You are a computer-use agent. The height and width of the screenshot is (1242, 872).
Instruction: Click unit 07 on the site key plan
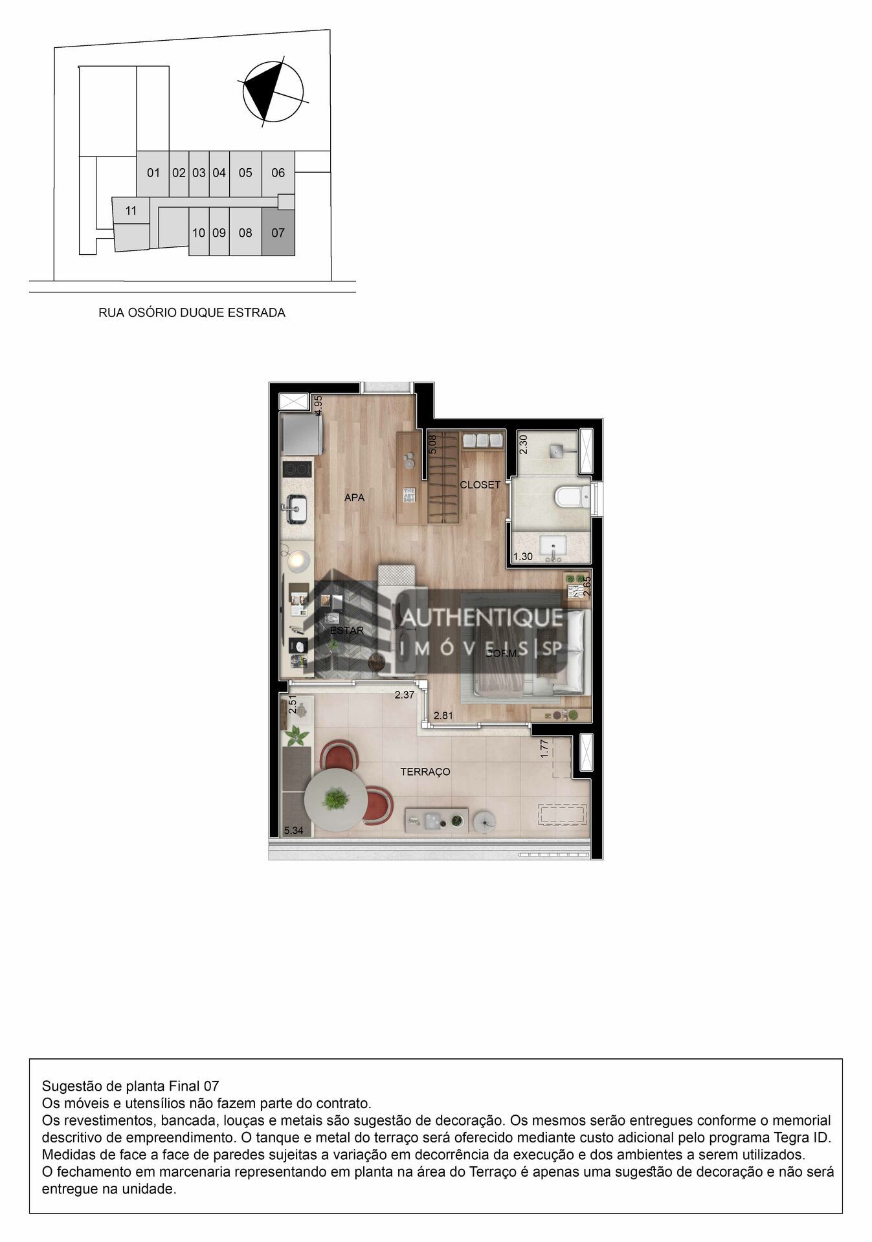point(278,233)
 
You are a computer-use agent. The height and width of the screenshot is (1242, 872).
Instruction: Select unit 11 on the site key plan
point(131,211)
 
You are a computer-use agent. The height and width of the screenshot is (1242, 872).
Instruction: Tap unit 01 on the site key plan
point(153,173)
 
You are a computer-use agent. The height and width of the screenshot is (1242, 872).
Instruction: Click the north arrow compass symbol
point(272,92)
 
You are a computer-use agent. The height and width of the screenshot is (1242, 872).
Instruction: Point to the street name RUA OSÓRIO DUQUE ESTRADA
point(192,313)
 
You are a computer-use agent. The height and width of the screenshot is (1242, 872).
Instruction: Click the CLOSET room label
point(480,485)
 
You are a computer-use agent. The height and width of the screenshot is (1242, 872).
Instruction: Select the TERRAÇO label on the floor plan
point(425,772)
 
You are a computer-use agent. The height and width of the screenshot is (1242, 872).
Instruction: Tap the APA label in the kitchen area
point(354,497)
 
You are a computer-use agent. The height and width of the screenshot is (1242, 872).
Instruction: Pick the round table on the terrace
point(335,800)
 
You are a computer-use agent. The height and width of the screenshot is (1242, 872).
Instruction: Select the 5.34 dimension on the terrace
point(293,831)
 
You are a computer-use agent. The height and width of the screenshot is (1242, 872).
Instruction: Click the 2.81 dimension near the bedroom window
point(443,715)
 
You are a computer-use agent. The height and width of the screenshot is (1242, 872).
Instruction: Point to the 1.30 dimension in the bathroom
point(522,556)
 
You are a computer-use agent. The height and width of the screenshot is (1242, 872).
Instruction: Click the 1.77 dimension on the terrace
point(544,748)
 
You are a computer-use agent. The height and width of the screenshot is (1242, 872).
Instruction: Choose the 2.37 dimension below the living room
point(405,695)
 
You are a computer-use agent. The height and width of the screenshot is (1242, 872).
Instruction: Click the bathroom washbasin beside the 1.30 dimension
point(553,547)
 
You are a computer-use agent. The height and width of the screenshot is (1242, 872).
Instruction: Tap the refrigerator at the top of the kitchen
point(302,435)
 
